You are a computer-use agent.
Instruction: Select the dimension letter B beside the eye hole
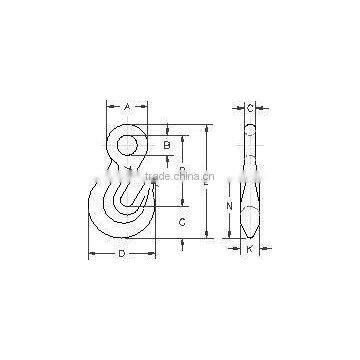[x=167, y=146]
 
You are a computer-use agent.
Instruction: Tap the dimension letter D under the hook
[x=121, y=254]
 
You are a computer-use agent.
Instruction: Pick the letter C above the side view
[x=250, y=106]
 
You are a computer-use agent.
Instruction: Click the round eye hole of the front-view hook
[x=128, y=146]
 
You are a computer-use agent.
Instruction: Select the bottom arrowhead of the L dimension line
[x=207, y=238]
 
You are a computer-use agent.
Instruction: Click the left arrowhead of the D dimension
[x=91, y=254]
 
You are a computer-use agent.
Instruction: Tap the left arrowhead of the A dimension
[x=106, y=106]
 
